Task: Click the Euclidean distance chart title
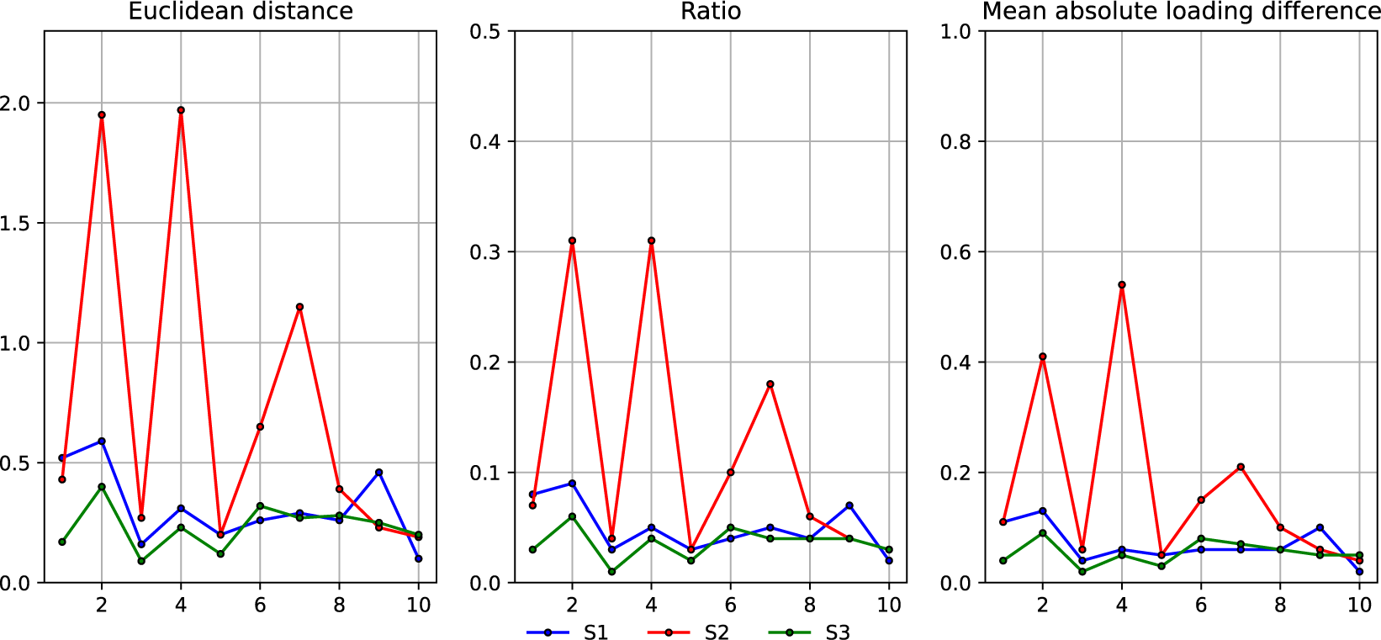(241, 12)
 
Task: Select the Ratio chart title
(711, 12)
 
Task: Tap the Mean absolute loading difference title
(1181, 12)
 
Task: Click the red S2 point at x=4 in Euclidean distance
(181, 110)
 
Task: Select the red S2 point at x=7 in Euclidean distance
(299, 307)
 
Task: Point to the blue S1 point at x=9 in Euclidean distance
(379, 473)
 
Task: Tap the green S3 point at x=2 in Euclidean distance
(102, 487)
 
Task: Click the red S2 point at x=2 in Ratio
(572, 241)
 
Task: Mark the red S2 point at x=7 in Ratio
(770, 384)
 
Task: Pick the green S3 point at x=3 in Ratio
(611, 572)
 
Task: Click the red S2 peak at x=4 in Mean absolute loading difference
(1122, 285)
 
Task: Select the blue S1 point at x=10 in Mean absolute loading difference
(1359, 572)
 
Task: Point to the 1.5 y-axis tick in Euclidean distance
(14, 224)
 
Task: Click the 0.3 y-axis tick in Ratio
(484, 252)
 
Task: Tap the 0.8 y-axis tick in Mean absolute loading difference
(955, 142)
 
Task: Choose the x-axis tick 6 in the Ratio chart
(730, 606)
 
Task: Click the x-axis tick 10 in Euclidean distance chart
(418, 606)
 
